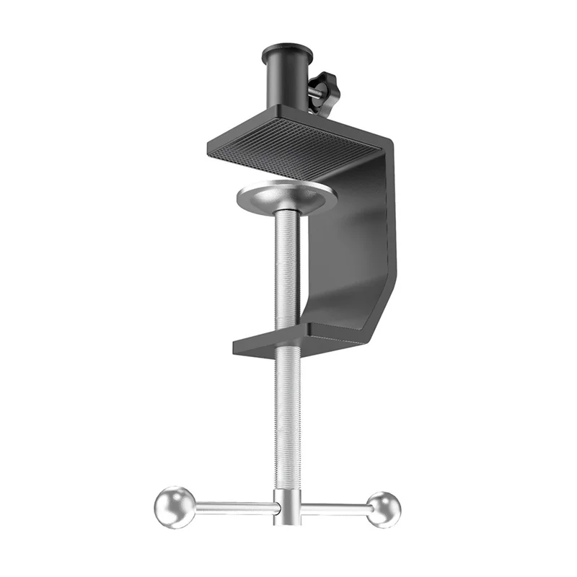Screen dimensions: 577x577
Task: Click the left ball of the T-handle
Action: coord(175,506)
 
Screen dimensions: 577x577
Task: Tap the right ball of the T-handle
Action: coord(382,508)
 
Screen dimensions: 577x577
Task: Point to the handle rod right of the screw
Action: coord(335,508)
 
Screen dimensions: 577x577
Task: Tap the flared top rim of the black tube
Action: coord(287,51)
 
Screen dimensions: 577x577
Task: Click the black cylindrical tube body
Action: coord(287,83)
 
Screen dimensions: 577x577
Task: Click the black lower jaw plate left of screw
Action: coord(252,345)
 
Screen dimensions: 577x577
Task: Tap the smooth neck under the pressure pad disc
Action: coord(287,216)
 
